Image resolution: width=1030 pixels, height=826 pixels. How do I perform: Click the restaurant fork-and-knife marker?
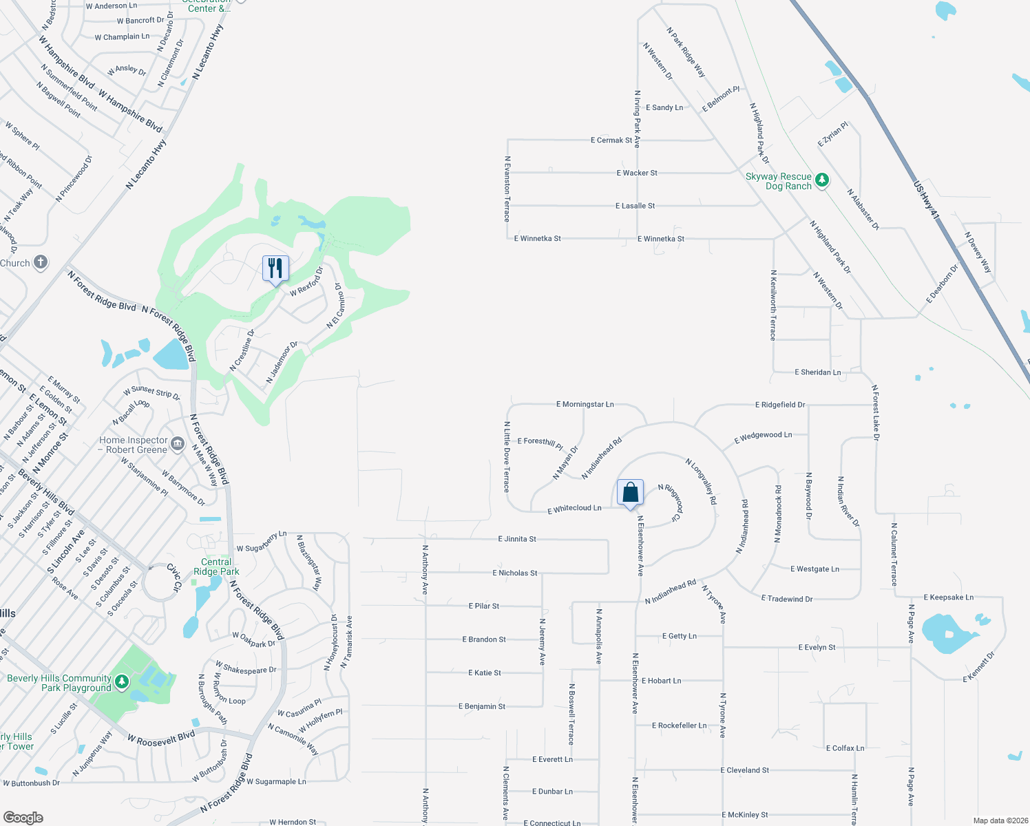coord(275,268)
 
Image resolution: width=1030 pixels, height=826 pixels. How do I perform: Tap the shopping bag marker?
coord(630,492)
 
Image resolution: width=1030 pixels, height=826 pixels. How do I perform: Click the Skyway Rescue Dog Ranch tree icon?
coord(821,180)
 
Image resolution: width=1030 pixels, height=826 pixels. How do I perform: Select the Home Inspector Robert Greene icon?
coord(178,444)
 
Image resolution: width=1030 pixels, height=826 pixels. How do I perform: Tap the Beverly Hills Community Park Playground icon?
coord(122,681)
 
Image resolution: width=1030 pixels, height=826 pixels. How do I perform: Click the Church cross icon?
coord(41,262)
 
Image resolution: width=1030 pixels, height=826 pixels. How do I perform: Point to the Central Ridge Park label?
coord(216,566)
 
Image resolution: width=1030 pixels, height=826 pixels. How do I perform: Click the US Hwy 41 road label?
coord(926,200)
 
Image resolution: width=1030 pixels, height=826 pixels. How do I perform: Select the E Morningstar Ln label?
coord(585,404)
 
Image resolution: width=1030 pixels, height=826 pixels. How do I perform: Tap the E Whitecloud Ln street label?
coord(574,509)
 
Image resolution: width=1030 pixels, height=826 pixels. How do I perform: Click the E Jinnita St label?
coord(517,539)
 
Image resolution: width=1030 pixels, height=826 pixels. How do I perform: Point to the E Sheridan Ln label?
coord(817,372)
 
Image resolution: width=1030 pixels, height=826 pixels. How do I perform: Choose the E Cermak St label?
coord(611,140)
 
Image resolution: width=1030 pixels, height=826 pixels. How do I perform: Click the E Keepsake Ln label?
coord(948,597)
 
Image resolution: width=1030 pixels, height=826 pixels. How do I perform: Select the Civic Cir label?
coord(174,578)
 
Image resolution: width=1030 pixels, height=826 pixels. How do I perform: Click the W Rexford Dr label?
coord(306,283)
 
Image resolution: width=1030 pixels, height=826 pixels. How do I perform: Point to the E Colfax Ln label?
coord(845,748)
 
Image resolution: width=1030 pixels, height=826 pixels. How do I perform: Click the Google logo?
coord(23,818)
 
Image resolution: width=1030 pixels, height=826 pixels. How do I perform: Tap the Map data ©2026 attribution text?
coord(998,820)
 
